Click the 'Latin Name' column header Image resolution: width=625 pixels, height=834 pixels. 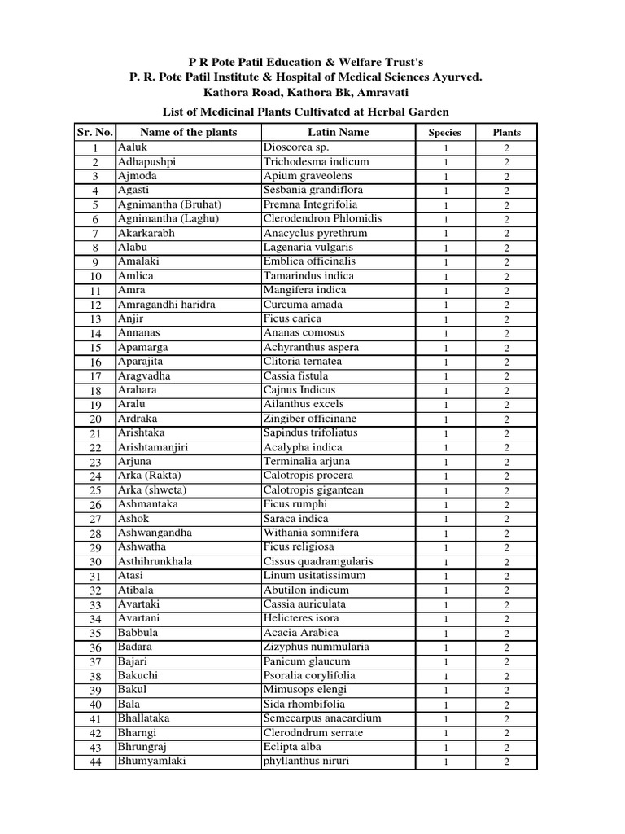click(x=339, y=132)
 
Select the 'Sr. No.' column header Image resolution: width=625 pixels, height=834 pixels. click(x=94, y=132)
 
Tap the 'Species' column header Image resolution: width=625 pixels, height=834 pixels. click(x=445, y=133)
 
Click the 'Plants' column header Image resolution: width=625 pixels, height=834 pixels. click(x=506, y=133)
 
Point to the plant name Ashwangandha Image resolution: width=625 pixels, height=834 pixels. click(x=155, y=533)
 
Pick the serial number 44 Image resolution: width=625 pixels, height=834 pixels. click(x=95, y=762)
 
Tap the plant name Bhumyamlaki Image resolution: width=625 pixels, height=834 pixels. click(x=151, y=761)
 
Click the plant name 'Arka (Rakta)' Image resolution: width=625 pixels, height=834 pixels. click(x=150, y=476)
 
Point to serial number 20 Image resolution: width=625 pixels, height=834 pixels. click(x=95, y=419)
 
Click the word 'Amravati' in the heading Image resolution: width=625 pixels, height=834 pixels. click(x=374, y=92)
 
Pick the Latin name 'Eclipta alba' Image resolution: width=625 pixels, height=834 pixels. click(x=292, y=746)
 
